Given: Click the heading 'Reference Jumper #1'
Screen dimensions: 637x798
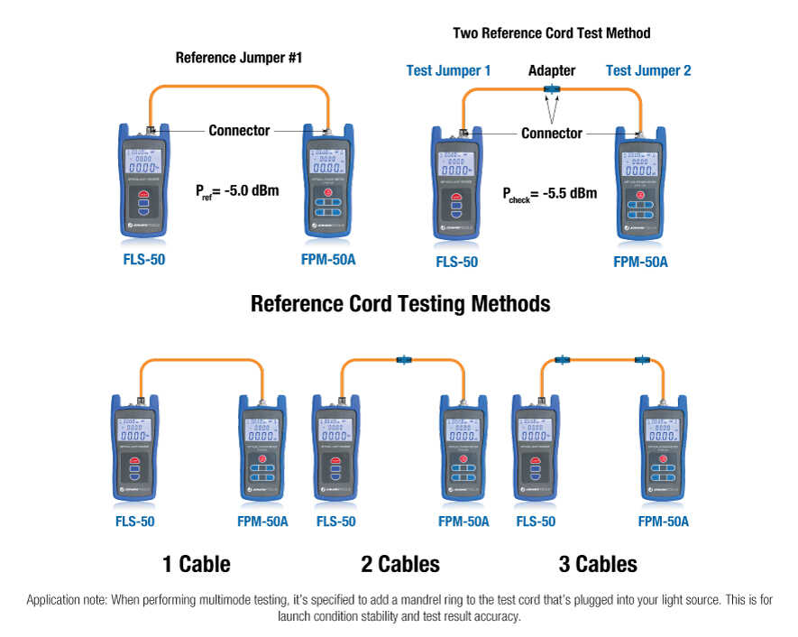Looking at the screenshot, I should (239, 58).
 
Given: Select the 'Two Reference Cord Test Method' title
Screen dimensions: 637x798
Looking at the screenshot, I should (551, 33).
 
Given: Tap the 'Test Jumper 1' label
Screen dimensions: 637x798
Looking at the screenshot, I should (448, 70).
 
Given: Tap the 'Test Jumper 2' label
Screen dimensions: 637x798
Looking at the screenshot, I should (648, 70).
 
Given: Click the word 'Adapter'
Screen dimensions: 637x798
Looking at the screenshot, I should (551, 70).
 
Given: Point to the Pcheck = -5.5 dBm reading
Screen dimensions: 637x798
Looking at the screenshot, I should (550, 194).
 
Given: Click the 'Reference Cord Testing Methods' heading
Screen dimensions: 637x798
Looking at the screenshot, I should (399, 303).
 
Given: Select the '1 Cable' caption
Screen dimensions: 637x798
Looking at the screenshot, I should (196, 565).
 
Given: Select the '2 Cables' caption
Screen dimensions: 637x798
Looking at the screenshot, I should (400, 565).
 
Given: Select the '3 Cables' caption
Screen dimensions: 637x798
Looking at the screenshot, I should (598, 565).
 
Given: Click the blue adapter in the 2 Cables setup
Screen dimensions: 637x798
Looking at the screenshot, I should (402, 360).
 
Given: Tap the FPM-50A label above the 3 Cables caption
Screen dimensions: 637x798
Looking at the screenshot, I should (663, 522).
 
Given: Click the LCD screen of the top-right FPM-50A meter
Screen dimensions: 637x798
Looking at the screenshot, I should (641, 164).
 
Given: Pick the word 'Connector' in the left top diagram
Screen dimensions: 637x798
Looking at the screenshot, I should (239, 131).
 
